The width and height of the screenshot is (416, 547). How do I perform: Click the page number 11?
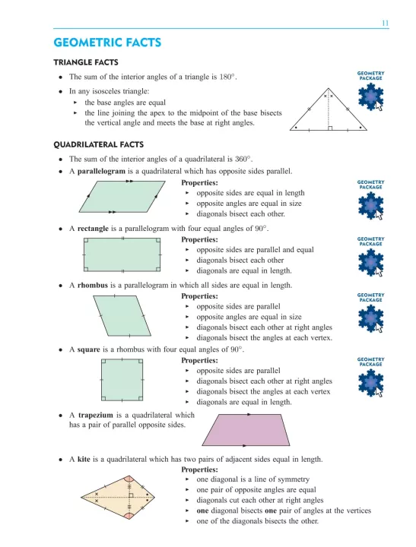[385, 24]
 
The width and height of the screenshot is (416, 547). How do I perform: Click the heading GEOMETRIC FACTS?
[107, 43]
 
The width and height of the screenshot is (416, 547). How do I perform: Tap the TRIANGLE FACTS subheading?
[86, 62]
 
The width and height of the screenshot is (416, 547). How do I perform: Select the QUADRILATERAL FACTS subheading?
[99, 145]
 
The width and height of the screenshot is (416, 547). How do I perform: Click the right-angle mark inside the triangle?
[330, 128]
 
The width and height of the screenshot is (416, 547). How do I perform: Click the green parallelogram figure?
[122, 197]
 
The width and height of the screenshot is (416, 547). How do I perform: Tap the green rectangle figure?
[122, 255]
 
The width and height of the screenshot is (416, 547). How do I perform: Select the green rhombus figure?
[122, 316]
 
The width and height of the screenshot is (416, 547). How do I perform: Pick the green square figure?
[122, 381]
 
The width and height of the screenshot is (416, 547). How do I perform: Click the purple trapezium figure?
[246, 430]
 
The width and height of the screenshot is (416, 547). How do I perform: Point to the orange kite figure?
[118, 497]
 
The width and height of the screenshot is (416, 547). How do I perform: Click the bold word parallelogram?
[101, 171]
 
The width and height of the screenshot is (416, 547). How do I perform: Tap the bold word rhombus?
[93, 286]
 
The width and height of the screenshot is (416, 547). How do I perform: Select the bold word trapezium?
[95, 415]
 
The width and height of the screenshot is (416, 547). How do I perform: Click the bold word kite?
[84, 459]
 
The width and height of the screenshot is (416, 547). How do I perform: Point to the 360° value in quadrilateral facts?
[243, 159]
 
